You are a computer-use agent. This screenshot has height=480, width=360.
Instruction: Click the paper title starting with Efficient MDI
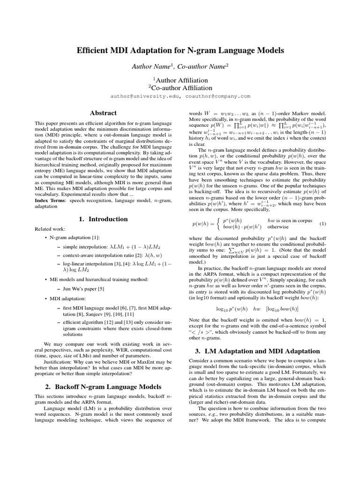point(180,50)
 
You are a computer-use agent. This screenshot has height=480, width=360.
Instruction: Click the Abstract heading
point(103,113)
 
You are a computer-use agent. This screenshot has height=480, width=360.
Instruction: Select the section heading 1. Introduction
point(103,219)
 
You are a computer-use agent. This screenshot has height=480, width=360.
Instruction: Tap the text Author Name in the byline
point(150,67)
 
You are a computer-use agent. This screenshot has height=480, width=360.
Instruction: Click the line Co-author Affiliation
point(181,88)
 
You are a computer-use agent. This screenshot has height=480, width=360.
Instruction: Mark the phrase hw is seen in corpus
point(289,220)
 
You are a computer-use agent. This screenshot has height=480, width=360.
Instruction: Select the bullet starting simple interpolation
point(103,247)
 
